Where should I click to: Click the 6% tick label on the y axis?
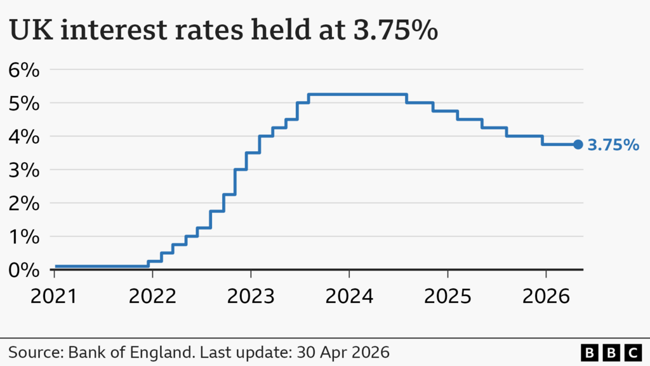tap(23, 69)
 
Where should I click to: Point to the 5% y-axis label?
tap(23, 103)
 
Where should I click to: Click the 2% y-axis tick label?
tap(23, 203)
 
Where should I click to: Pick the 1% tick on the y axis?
tap(23, 236)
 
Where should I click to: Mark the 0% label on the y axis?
tap(23, 270)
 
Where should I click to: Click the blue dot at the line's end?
tap(578, 145)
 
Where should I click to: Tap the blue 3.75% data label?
tap(613, 146)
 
